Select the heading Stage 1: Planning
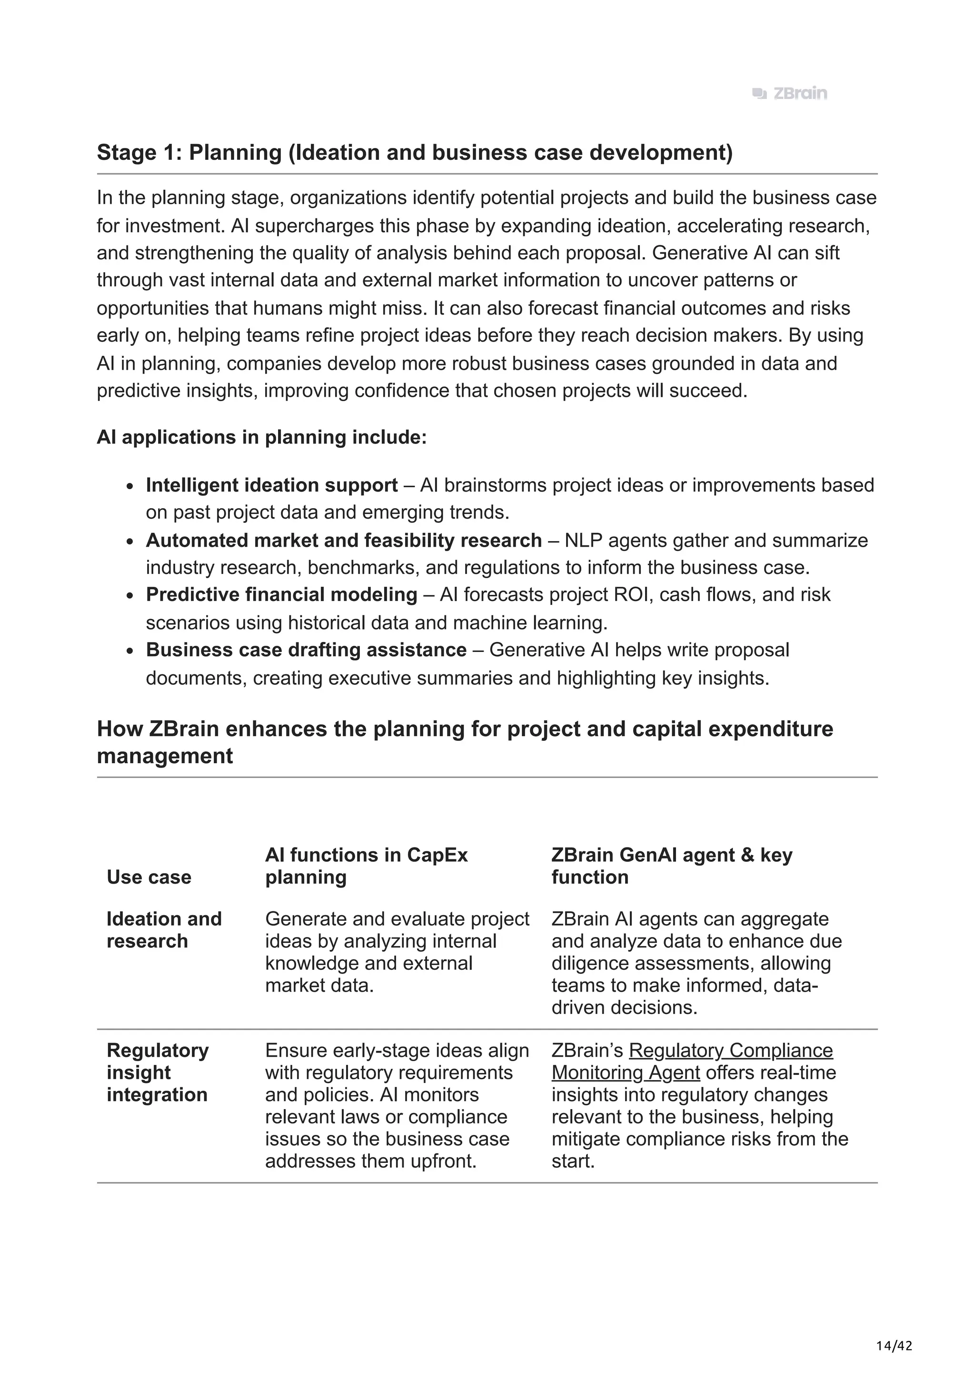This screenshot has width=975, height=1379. [415, 153]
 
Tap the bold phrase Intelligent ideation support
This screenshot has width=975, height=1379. [271, 485]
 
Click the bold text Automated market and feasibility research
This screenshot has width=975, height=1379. [344, 540]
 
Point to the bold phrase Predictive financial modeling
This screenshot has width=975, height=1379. [281, 595]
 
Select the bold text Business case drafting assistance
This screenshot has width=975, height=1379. [306, 650]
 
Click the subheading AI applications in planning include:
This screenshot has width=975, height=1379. [261, 437]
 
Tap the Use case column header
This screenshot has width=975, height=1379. [149, 877]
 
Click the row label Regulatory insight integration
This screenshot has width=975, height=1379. [158, 1072]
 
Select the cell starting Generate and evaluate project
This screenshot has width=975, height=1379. [397, 952]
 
